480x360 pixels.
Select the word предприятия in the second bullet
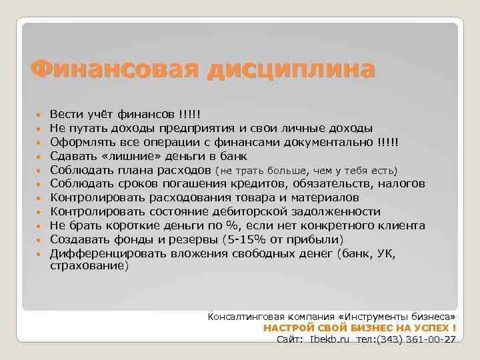click(x=189, y=129)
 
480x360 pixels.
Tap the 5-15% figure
click(x=247, y=240)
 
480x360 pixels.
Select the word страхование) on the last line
click(x=88, y=265)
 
